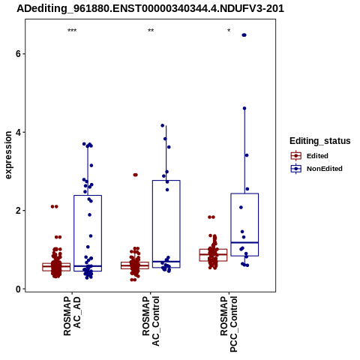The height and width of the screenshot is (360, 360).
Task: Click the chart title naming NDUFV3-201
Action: click(150, 9)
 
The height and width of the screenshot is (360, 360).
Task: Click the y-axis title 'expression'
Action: click(8, 155)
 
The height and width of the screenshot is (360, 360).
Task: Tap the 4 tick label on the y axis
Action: click(18, 132)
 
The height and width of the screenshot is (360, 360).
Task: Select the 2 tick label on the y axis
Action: click(18, 211)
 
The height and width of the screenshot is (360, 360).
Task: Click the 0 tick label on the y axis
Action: click(18, 289)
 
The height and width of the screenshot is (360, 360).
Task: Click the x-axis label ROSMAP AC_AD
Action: click(72, 316)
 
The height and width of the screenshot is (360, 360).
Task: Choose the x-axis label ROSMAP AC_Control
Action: click(151, 321)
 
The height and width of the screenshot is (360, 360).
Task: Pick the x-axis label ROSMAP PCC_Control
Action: click(229, 324)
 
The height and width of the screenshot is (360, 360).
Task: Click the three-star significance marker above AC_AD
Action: click(72, 31)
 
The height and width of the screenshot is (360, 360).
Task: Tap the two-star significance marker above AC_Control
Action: click(151, 31)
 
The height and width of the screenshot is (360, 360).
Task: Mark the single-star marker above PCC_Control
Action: click(229, 31)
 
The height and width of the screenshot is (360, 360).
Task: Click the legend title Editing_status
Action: click(320, 141)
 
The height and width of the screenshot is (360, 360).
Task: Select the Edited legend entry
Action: click(310, 156)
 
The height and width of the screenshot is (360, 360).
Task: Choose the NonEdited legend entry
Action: click(316, 169)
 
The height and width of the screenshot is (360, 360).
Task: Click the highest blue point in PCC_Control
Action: click(244, 35)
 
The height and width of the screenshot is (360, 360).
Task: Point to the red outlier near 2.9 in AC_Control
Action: click(135, 175)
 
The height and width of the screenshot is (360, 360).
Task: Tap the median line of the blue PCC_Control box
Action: click(244, 242)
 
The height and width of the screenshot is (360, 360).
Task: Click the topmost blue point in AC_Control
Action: click(163, 125)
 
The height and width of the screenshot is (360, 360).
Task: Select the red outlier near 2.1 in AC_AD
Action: click(54, 206)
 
